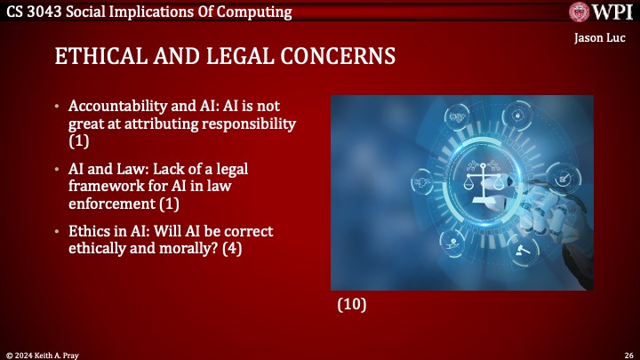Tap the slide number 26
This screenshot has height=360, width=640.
[x=628, y=353]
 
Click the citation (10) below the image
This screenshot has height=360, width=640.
[x=352, y=304]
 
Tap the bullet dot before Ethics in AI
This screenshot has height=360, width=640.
[x=59, y=231]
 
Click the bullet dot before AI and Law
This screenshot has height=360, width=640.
[x=59, y=168]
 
